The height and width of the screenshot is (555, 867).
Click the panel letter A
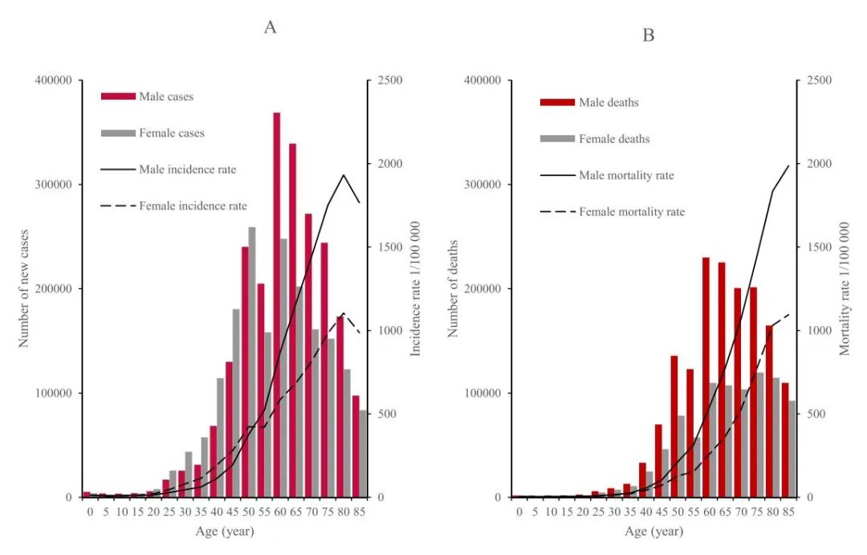coord(271,27)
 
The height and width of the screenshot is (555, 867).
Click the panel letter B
coord(649,35)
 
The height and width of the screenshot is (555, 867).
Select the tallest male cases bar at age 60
coord(277,305)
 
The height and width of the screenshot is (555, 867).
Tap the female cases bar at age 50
coord(252,361)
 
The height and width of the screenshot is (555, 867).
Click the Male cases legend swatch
coord(118,96)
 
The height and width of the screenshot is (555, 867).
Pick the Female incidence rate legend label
coord(193,206)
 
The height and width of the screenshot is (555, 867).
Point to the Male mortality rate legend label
coord(626,175)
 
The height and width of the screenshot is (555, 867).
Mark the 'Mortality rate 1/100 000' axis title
coord(845,289)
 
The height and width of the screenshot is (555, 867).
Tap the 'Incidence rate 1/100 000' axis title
coord(416,289)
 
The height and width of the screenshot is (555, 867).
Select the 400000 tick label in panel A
coord(54,81)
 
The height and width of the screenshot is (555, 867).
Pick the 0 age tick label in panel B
coord(519,512)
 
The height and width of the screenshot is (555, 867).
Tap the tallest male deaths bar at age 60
coord(706,377)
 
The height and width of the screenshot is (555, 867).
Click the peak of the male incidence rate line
coord(344,174)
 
